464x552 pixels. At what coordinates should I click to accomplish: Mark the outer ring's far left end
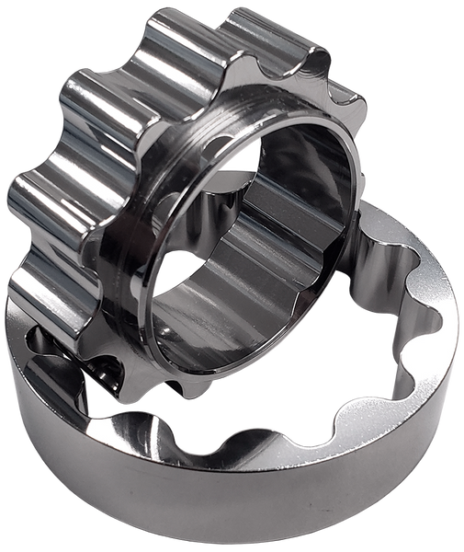tap(11, 359)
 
